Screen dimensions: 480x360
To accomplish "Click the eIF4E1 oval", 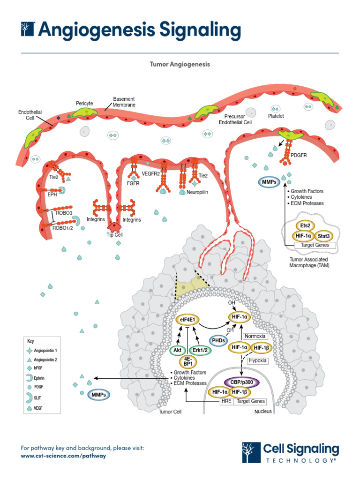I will click(186, 320).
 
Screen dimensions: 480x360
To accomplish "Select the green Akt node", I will click(177, 350).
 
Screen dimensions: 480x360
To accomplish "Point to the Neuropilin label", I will click(197, 192).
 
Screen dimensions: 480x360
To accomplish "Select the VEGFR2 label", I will click(151, 173).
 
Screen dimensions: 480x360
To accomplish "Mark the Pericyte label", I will click(84, 103).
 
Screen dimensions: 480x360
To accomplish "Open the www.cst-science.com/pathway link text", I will click(63, 456).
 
